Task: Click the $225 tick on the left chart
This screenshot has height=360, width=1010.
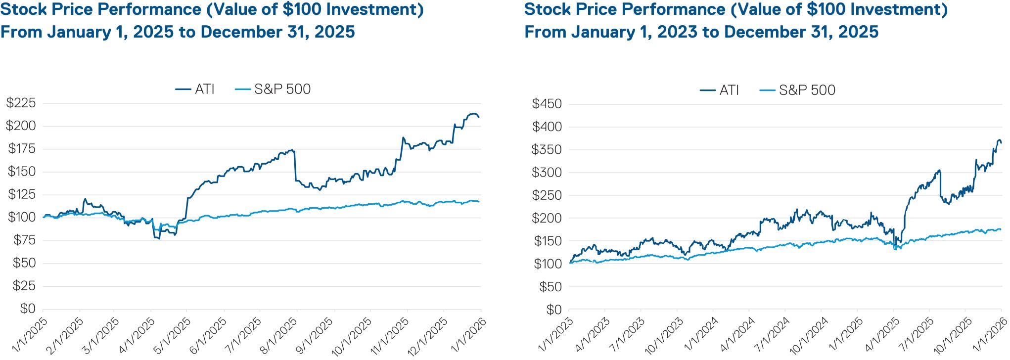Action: point(21,103)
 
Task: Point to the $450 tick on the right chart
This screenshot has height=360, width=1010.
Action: point(547,104)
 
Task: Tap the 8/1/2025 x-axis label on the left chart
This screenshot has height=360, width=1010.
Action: point(279,336)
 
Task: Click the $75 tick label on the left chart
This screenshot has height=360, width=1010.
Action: point(24,240)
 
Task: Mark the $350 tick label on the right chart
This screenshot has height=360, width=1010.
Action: point(547,149)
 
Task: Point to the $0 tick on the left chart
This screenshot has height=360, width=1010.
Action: point(28,309)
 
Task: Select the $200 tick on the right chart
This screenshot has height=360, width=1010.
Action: point(547,218)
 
